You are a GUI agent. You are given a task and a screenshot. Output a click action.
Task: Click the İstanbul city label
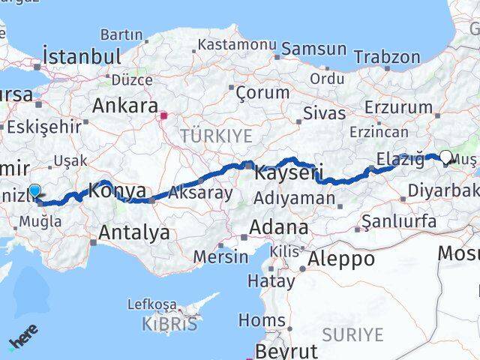click(x=82, y=56)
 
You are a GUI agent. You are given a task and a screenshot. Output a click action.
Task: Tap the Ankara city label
click(x=124, y=106)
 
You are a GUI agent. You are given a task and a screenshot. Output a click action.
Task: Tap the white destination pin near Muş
click(x=446, y=157)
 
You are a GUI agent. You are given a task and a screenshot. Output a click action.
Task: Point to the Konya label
click(x=118, y=191)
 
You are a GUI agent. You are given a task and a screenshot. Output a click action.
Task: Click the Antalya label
click(x=133, y=233)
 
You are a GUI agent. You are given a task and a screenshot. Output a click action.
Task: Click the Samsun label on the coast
click(x=313, y=49)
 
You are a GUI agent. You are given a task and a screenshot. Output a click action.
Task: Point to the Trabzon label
click(x=387, y=56)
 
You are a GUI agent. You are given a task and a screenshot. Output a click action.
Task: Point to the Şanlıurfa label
click(x=398, y=221)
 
